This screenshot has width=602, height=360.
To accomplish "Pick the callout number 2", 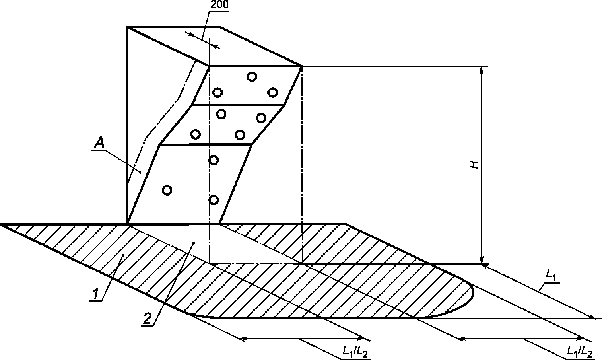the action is tap(147, 318).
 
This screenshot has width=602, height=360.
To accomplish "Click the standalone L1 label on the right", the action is tap(551, 274).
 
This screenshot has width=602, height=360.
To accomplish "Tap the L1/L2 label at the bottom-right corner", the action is tap(580, 351).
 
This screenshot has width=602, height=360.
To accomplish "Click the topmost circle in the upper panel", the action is tap(252, 76).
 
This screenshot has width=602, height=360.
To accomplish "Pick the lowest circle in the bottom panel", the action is tap(214, 200).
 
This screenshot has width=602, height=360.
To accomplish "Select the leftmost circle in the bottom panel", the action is tap(167, 190).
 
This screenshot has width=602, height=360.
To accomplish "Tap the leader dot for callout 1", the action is tap(123, 255).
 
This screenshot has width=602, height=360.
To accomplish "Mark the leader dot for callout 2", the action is tap(194, 242).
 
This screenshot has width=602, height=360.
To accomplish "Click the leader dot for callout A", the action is tap(140, 172).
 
